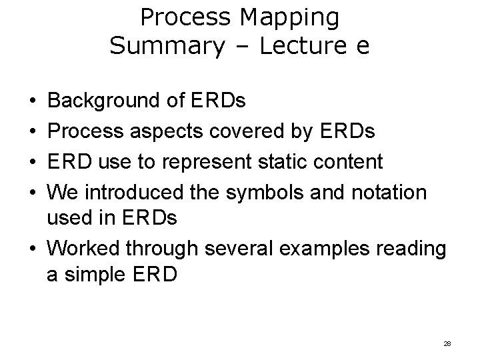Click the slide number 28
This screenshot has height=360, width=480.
pos(447,343)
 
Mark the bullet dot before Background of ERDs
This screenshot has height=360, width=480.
pos(33,102)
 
